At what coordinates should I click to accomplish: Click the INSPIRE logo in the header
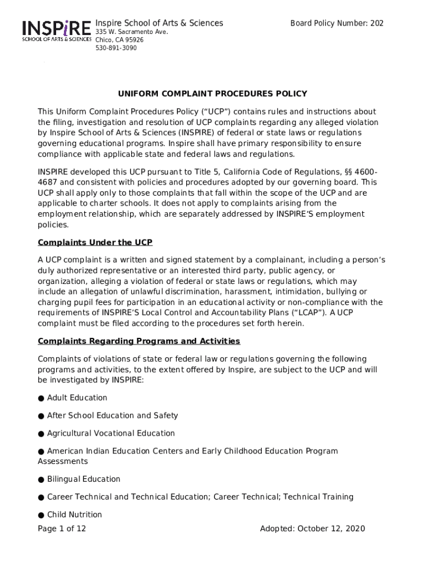point(56,31)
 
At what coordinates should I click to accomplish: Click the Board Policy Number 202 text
point(337,23)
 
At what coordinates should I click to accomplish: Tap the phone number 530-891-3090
point(116,48)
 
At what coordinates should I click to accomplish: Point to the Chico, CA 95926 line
point(120,40)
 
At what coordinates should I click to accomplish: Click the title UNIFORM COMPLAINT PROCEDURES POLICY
point(208,94)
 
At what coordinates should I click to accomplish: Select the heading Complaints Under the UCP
point(95,242)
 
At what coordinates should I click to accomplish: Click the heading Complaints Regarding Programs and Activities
point(139,341)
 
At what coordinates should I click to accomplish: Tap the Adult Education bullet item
point(77,398)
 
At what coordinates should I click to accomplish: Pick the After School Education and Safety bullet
point(112,416)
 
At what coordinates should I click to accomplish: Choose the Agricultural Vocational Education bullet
point(111,433)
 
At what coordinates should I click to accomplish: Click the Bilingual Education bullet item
point(83,479)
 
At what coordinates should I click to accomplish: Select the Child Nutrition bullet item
point(74,515)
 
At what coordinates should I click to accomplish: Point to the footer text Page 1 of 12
point(62,528)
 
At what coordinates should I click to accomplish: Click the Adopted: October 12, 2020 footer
point(312,528)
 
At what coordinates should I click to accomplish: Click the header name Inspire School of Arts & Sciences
point(160,23)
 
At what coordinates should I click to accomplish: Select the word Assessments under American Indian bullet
point(63,461)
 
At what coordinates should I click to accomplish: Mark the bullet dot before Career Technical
point(41,497)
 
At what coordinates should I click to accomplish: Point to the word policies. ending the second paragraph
point(53,224)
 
